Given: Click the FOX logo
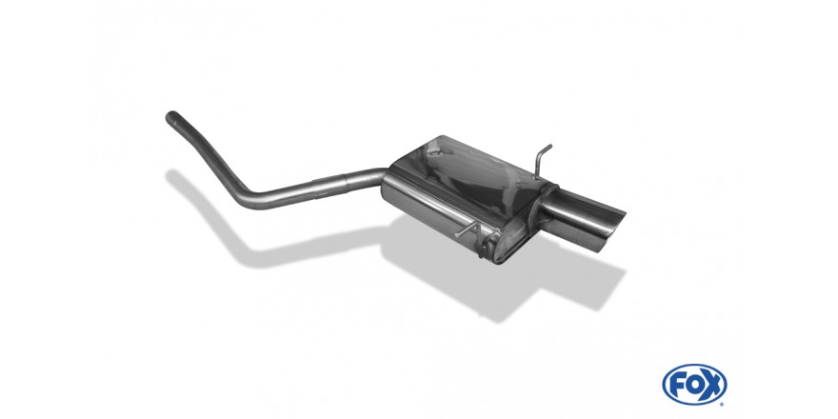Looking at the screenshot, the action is [694, 385].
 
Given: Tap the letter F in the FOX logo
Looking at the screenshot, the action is [677, 385].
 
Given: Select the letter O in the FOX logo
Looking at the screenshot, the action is [693, 385].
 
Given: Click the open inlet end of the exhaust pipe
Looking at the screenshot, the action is [170, 116].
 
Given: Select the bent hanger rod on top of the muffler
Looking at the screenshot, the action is [541, 160].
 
